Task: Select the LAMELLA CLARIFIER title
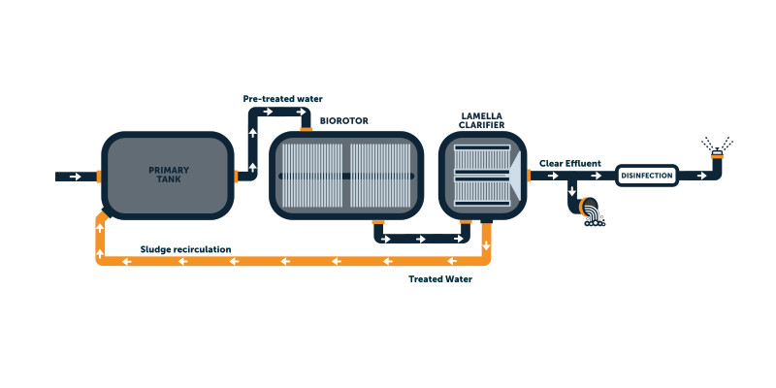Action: (x=482, y=120)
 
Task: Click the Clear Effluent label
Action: (x=570, y=163)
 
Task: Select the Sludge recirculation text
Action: (x=185, y=249)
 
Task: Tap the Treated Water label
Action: (x=440, y=279)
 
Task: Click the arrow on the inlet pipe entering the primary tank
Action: (x=75, y=177)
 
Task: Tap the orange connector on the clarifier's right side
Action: (x=529, y=176)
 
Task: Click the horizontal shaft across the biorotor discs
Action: (x=346, y=176)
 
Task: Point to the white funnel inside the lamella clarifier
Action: (x=515, y=176)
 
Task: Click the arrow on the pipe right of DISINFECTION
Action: (x=696, y=176)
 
